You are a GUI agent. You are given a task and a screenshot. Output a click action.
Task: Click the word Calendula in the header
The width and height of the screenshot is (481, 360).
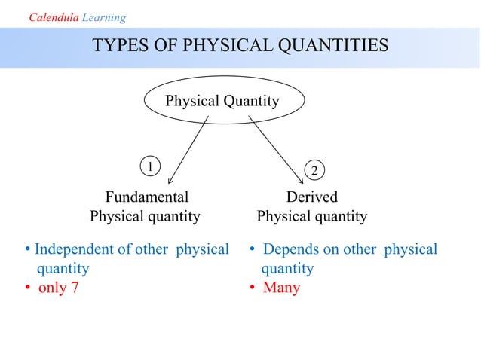pos(53,17)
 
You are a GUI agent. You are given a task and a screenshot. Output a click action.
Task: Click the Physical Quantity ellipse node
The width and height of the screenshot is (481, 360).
pos(222,101)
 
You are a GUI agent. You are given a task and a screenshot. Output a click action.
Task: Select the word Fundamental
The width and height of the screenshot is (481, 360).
pos(146,197)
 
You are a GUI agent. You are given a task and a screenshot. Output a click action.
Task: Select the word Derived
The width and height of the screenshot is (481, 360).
pos(311,197)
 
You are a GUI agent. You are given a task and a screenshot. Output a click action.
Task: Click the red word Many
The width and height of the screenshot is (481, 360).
pos(281,288)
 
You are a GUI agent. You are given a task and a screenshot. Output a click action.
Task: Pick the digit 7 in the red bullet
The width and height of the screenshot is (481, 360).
pos(73,288)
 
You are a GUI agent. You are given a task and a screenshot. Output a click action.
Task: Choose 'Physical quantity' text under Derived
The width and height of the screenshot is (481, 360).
pos(311,217)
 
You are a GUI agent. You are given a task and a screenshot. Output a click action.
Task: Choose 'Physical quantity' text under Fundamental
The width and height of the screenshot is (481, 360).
pos(145,217)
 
